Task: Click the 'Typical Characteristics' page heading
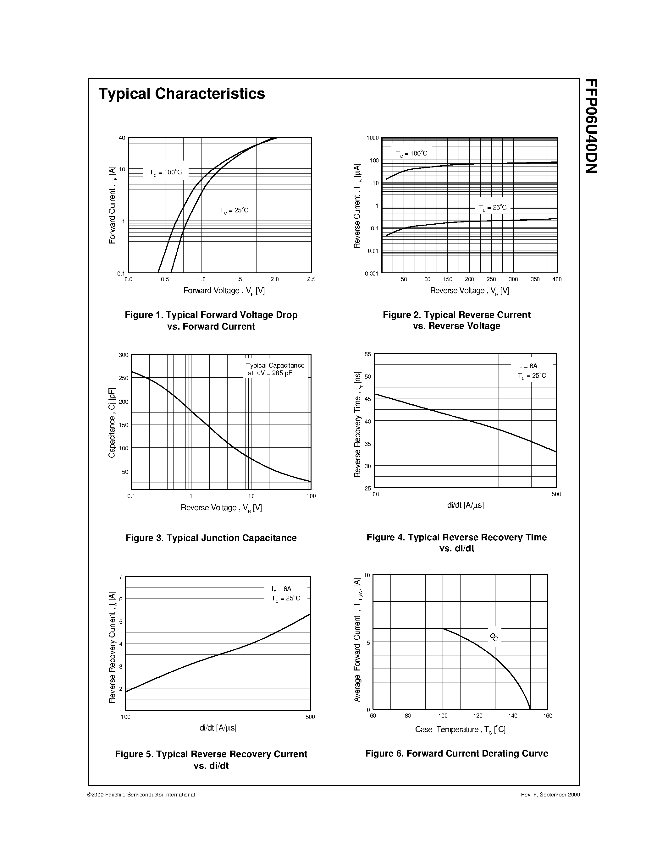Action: (182, 94)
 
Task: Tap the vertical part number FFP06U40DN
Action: (591, 126)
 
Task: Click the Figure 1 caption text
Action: (211, 320)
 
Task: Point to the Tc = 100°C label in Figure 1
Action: (165, 172)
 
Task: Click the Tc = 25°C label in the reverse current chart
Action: (492, 207)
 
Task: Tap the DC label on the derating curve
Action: (494, 637)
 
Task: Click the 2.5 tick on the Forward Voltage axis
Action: (311, 279)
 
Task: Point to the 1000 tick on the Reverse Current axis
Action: (373, 138)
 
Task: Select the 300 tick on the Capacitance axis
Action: (124, 355)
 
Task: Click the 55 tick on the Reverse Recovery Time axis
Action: (368, 354)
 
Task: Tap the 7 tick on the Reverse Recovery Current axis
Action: (121, 577)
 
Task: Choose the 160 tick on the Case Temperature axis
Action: (548, 716)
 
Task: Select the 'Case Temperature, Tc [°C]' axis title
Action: (460, 730)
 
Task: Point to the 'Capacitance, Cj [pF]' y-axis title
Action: (112, 423)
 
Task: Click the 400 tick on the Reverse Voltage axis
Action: (557, 279)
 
